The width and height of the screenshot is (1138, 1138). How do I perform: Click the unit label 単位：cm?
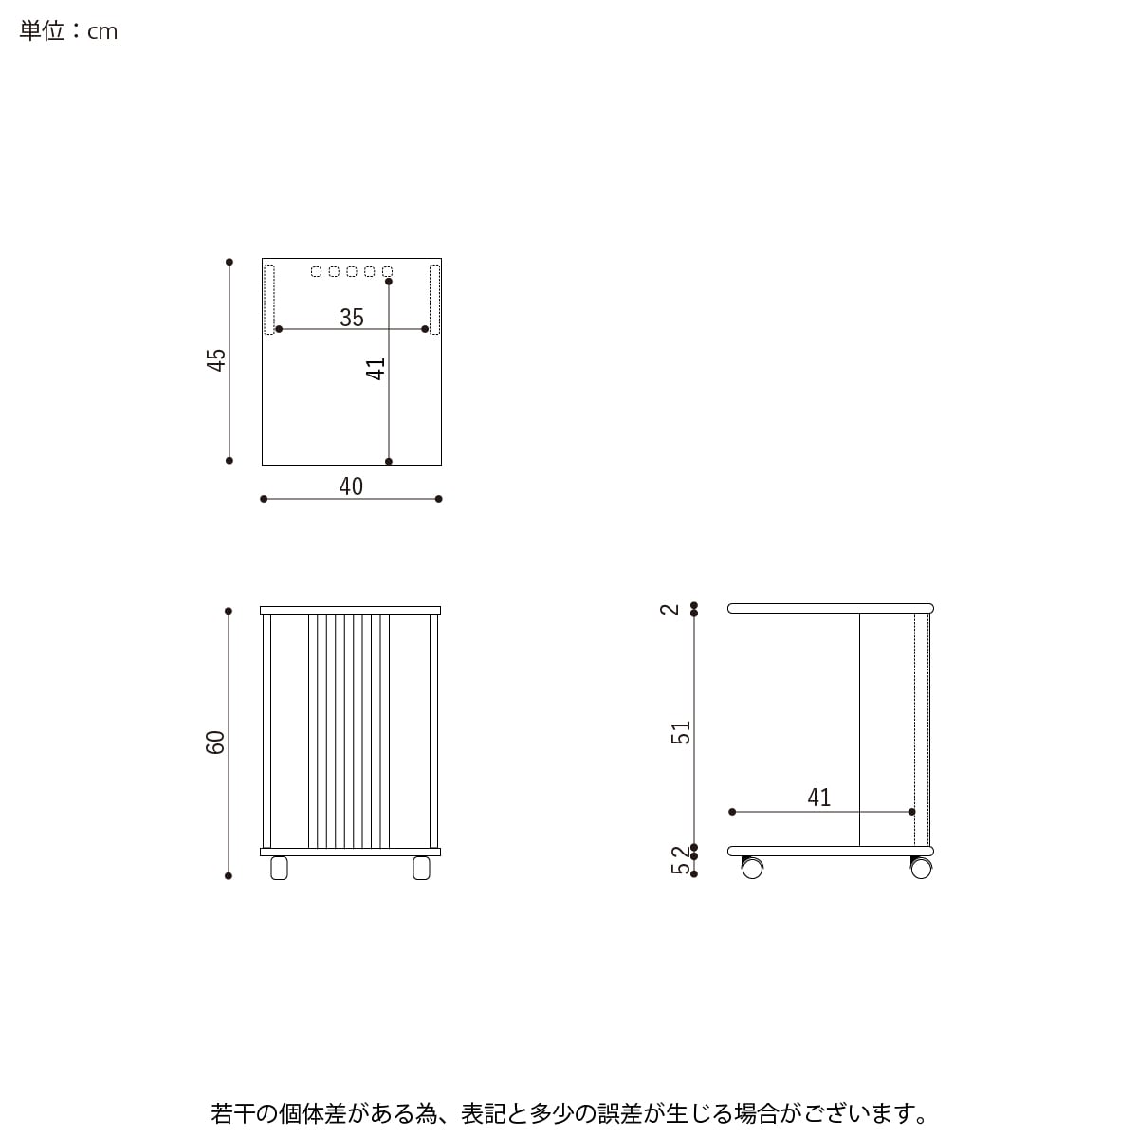click(68, 31)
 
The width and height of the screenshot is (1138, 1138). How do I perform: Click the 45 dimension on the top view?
click(217, 359)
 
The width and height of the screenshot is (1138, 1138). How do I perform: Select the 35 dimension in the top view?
click(352, 318)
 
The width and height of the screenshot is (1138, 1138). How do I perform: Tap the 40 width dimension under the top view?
click(351, 486)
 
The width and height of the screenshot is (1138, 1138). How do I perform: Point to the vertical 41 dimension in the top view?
click(376, 368)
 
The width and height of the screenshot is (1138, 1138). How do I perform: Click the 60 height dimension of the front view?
click(216, 742)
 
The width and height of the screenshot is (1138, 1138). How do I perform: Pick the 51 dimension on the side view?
click(682, 732)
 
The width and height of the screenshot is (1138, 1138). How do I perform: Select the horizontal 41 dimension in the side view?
click(819, 798)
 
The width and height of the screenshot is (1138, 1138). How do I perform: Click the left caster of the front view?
click(279, 868)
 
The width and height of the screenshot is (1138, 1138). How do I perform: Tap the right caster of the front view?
click(421, 868)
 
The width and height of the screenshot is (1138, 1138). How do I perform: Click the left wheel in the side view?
click(752, 868)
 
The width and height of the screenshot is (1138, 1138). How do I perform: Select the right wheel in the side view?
click(921, 868)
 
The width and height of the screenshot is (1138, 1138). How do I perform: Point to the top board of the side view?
click(831, 608)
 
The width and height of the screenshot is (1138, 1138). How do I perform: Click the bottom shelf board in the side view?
click(831, 851)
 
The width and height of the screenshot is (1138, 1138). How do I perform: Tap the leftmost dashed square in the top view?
click(317, 272)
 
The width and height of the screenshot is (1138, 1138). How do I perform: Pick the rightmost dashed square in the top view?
click(387, 272)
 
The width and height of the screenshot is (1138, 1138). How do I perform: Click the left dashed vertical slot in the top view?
click(269, 299)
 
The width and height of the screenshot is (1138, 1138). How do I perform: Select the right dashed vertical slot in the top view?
click(434, 299)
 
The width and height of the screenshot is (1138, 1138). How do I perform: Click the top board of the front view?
click(351, 610)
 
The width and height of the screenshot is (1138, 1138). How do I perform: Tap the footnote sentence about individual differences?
click(569, 1111)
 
